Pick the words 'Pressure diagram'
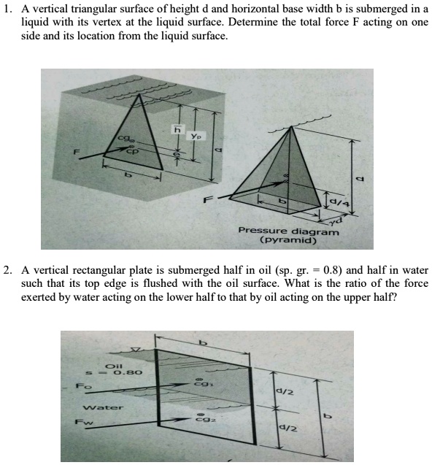click(289, 231)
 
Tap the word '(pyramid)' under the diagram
click(288, 239)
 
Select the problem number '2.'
click(8, 272)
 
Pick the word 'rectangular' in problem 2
click(107, 272)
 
